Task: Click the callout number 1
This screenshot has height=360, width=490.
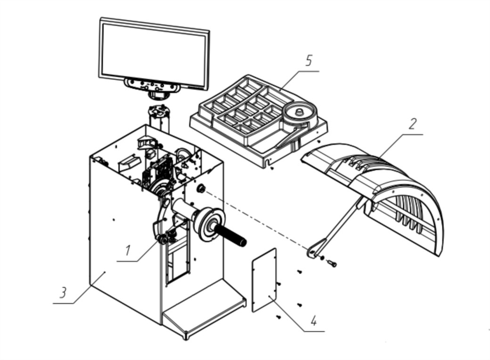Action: click(x=128, y=251)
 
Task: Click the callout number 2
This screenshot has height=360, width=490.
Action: click(x=413, y=124)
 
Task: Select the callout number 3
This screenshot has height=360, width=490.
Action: click(x=64, y=293)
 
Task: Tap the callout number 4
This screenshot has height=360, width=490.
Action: click(x=314, y=321)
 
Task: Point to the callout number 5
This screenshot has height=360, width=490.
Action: click(x=309, y=60)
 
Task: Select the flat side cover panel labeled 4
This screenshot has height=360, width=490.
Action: click(x=264, y=280)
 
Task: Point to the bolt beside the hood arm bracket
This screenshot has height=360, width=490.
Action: click(x=332, y=264)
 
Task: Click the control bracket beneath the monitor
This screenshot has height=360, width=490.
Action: click(x=152, y=86)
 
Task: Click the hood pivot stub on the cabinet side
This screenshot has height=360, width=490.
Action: click(x=201, y=189)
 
